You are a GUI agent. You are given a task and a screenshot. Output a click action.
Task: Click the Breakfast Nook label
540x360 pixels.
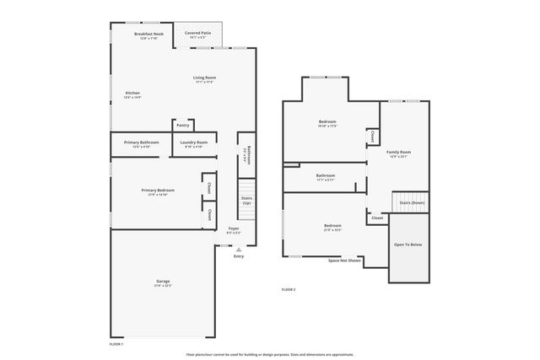[148, 34]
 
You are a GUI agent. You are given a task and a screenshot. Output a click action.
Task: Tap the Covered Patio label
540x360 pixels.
[198, 33]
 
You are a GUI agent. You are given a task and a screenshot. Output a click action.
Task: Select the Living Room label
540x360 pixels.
[204, 78]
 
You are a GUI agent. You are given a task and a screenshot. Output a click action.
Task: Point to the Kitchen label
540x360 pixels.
[132, 93]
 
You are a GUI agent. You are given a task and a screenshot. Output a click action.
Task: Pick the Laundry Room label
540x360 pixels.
[193, 142]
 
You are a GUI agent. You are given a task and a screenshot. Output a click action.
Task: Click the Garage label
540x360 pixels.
[163, 282]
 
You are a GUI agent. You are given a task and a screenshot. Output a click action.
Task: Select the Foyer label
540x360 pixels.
[234, 228]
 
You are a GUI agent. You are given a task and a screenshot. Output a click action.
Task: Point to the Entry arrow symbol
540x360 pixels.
[239, 250]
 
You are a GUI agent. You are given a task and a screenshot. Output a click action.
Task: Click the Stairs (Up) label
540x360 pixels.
[246, 201]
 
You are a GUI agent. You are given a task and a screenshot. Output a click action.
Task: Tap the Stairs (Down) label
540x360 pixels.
[412, 203]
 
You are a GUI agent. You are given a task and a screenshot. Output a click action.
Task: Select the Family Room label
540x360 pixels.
[398, 153]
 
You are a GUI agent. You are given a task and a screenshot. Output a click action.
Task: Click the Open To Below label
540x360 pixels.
[408, 244]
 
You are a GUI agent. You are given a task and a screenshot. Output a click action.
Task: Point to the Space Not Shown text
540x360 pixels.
[344, 261]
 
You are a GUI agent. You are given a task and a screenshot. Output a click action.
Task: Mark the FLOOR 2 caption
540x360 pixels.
[289, 289]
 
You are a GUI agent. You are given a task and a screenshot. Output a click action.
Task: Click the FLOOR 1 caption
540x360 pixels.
[116, 344]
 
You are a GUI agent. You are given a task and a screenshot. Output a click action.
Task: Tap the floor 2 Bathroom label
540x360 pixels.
[326, 175]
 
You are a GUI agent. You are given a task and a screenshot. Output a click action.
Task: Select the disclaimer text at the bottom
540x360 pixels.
[270, 354]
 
